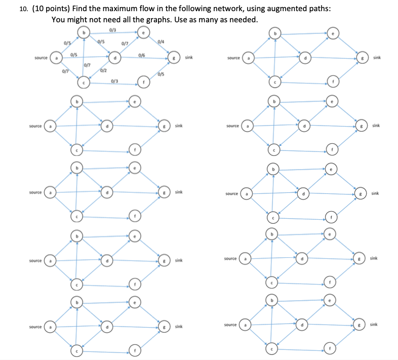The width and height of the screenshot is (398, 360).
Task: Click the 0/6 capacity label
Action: pyautogui.click(x=143, y=54)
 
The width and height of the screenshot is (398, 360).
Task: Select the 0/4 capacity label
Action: pyautogui.click(x=161, y=41)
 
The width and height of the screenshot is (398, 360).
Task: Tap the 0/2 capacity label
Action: pyautogui.click(x=103, y=70)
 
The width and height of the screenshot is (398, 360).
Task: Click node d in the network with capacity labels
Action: pyautogui.click(x=116, y=59)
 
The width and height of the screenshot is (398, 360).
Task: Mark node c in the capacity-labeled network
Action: pyautogui.click(x=84, y=81)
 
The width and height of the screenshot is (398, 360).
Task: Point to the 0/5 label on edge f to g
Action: pyautogui.click(x=161, y=75)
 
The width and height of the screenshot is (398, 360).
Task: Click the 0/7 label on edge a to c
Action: pyautogui.click(x=65, y=71)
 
